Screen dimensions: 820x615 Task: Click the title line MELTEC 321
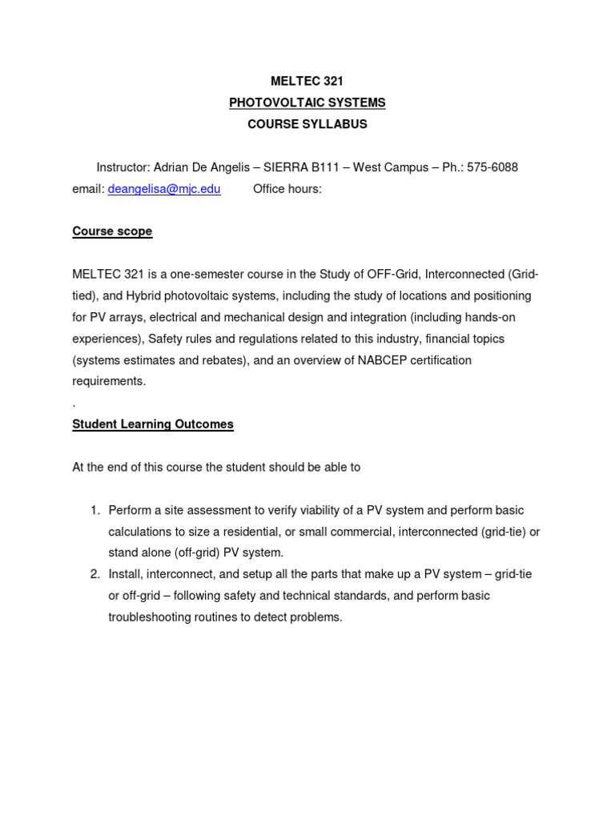pyautogui.click(x=307, y=82)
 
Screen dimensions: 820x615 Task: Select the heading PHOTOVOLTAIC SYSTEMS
pyautogui.click(x=307, y=102)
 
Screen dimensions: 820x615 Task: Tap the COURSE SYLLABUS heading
pyautogui.click(x=307, y=124)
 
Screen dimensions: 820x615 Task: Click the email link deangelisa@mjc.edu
pyautogui.click(x=164, y=189)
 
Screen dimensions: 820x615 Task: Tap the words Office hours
pyautogui.click(x=287, y=189)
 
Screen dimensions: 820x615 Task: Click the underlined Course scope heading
pyautogui.click(x=112, y=231)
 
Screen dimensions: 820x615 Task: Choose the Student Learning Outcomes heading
pyautogui.click(x=153, y=424)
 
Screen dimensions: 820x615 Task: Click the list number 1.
pyautogui.click(x=94, y=510)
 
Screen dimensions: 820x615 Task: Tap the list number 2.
pyautogui.click(x=94, y=574)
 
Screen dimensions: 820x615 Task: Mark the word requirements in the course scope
pyautogui.click(x=109, y=381)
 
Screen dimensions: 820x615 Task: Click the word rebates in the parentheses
pyautogui.click(x=221, y=360)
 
